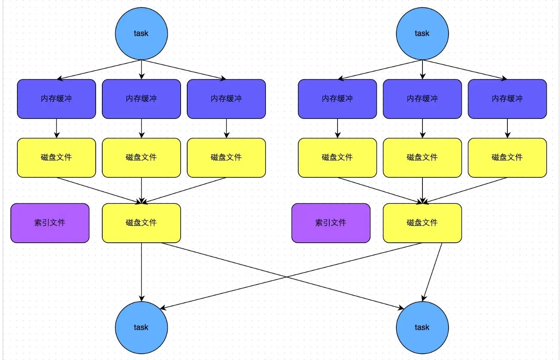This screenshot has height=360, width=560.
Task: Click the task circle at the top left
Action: (x=141, y=34)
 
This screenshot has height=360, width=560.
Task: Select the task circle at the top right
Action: (x=422, y=34)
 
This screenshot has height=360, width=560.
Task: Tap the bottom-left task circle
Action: (x=141, y=327)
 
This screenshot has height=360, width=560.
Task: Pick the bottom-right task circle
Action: (x=422, y=327)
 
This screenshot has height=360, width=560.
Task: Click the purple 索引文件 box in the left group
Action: (x=50, y=223)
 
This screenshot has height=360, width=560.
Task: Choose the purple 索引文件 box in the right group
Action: (x=331, y=223)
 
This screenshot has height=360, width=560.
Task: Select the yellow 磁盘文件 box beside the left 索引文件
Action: (x=141, y=223)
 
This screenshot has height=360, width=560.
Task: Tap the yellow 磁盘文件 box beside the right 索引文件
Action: (x=422, y=223)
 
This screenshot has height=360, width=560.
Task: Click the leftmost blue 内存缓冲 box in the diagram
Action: (x=56, y=99)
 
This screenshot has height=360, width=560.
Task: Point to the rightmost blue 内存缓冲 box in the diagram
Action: (x=507, y=99)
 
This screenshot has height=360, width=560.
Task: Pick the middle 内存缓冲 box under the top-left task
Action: (x=141, y=99)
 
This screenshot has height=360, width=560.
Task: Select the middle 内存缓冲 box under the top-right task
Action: (x=422, y=99)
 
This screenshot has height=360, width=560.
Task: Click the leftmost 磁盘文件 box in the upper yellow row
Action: (x=56, y=157)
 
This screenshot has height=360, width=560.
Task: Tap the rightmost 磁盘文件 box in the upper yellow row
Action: (x=507, y=157)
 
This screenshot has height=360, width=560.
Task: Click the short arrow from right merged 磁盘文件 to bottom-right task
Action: (x=432, y=271)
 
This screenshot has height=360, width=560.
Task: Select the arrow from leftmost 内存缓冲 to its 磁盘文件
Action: (x=56, y=128)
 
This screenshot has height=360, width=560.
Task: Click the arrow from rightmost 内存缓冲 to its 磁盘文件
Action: (x=507, y=128)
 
